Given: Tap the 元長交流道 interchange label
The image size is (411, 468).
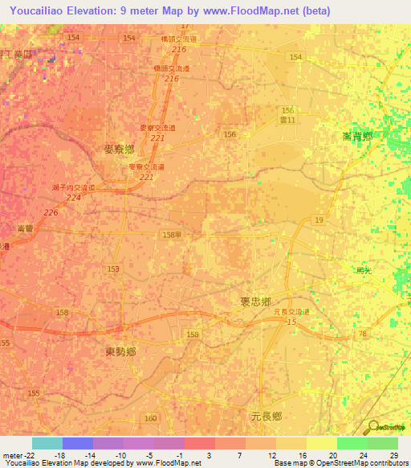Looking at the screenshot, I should [291, 311].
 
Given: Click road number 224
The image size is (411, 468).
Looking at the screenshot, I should [74, 197].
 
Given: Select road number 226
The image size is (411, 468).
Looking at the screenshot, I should [51, 212].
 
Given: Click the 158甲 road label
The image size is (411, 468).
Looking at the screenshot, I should [171, 234].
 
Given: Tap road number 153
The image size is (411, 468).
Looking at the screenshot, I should [113, 269].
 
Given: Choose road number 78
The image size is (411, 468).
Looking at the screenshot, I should [363, 334].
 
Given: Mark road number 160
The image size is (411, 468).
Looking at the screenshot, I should [151, 418].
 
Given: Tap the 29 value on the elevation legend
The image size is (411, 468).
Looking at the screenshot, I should [393, 454].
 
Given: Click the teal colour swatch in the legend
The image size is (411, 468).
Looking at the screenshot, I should [47, 443].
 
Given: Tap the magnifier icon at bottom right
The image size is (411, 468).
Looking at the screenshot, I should [373, 428].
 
